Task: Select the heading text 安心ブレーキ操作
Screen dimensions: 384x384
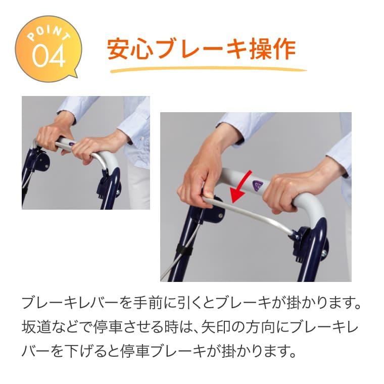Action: (202, 49)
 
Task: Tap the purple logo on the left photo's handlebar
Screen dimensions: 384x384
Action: (73, 143)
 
